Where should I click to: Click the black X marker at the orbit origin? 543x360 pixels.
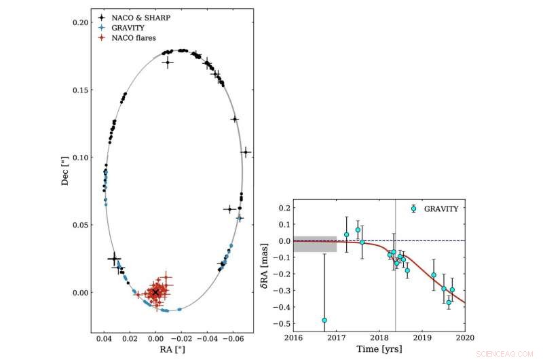[155, 292]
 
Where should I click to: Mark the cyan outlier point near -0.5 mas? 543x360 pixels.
[324, 320]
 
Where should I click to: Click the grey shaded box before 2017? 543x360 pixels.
[315, 244]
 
